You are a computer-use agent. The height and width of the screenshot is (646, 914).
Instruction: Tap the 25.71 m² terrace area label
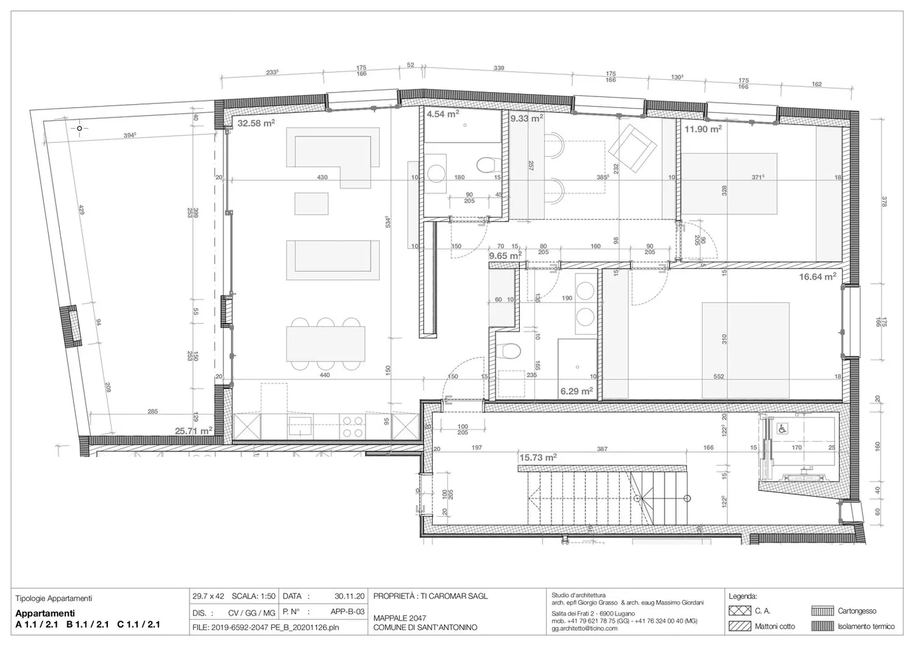click(194, 431)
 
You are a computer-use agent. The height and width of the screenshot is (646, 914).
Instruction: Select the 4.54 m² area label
click(442, 114)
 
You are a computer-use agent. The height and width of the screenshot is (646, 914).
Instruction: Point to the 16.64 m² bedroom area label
click(817, 276)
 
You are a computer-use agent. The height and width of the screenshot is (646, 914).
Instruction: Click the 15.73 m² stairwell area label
click(538, 457)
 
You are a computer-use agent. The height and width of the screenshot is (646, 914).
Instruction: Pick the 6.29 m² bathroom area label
click(576, 391)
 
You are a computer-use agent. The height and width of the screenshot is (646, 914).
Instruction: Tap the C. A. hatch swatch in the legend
click(738, 611)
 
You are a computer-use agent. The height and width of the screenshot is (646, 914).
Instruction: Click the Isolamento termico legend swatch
click(822, 626)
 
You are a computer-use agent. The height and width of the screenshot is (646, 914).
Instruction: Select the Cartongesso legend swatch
click(822, 611)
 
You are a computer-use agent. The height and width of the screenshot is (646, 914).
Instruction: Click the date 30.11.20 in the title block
click(350, 597)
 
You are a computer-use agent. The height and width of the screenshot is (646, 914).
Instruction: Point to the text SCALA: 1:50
click(253, 597)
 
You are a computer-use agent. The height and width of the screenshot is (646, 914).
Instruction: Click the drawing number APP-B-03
click(347, 612)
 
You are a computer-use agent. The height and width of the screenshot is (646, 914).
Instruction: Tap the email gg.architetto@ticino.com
click(584, 628)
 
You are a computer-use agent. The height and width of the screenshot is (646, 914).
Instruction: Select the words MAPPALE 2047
click(399, 618)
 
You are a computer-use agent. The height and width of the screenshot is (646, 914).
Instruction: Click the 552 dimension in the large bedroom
click(719, 376)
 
